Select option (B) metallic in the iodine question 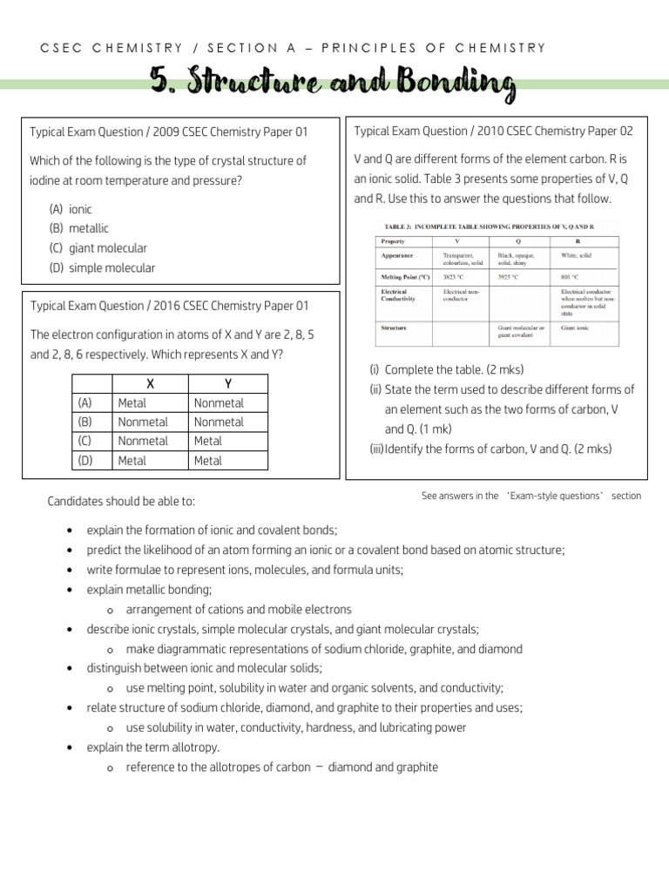[79, 228]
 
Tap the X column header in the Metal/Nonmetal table [151, 384]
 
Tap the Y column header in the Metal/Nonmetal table [228, 384]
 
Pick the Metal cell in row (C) [208, 441]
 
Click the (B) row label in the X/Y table [84, 422]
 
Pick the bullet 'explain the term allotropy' [152, 747]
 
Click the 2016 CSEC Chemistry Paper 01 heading [169, 306]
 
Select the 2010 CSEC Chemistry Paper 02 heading [494, 131]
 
